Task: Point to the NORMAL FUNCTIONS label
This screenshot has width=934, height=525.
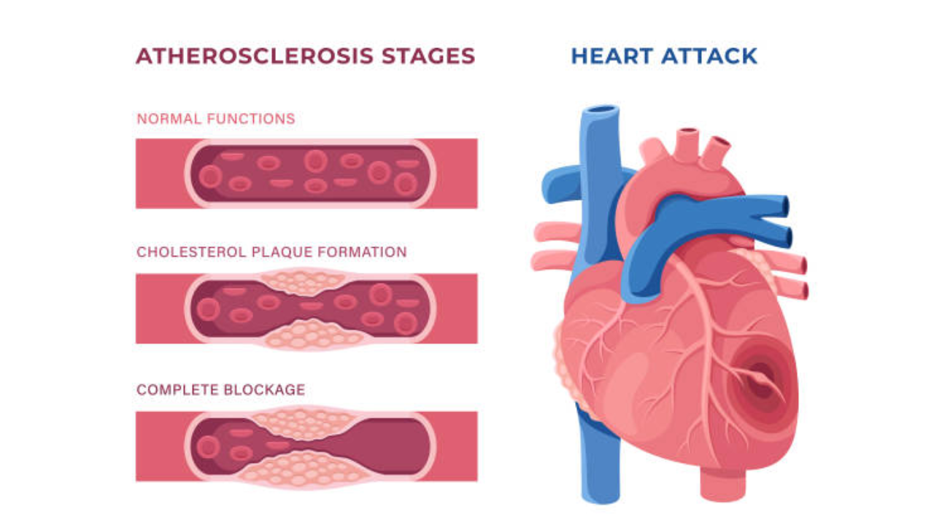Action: pyautogui.click(x=216, y=119)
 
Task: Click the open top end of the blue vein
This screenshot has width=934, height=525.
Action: pyautogui.click(x=601, y=112)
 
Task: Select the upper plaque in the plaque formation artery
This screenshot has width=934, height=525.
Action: pyautogui.click(x=305, y=281)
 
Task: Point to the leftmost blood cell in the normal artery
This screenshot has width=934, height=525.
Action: pyautogui.click(x=210, y=176)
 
